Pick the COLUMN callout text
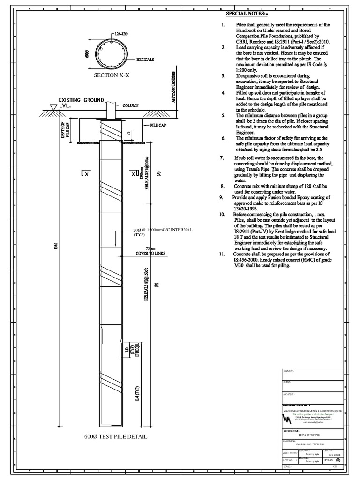pos(131,105)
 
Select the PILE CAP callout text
pos(159,126)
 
